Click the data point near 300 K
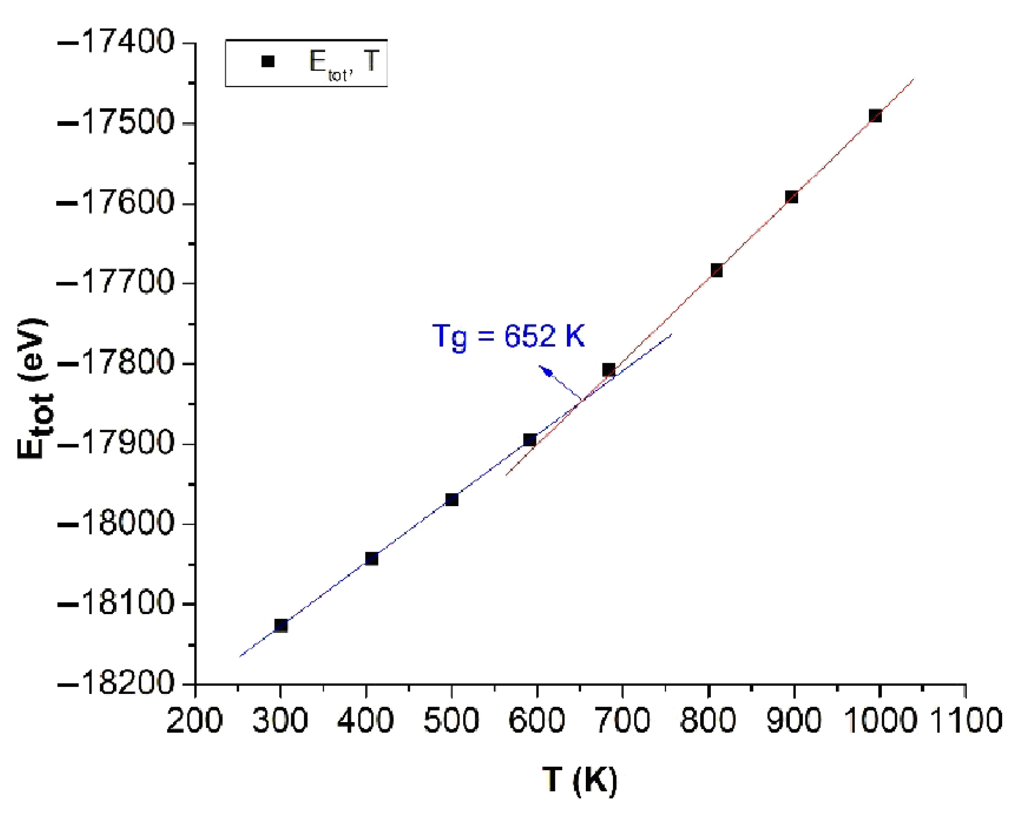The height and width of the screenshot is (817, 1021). point(281,625)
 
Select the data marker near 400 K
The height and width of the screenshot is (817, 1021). point(371,559)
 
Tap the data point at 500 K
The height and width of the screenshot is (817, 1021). point(452,499)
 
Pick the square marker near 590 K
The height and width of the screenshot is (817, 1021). point(530,440)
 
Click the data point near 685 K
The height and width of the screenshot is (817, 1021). point(609,370)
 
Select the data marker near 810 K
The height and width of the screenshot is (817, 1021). point(717,270)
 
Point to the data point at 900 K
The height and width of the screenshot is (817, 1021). point(791,197)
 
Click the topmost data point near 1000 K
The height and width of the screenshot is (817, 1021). point(875,115)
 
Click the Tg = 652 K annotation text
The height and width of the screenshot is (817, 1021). point(508,336)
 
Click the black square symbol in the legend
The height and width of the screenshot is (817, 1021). point(268,62)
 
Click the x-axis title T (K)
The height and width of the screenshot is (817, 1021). point(580,780)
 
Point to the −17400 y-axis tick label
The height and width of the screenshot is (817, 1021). point(115,42)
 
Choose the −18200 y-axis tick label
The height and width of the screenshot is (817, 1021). point(115,683)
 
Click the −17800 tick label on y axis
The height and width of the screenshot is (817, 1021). point(115,363)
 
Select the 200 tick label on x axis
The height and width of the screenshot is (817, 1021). point(194,720)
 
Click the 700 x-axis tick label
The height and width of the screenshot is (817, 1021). point(622,720)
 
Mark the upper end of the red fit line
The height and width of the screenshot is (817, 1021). point(913,79)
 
